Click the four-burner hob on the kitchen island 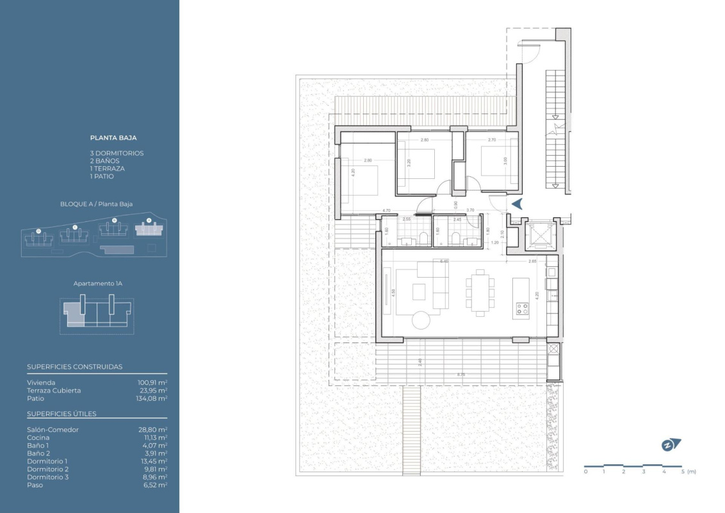pyautogui.click(x=521, y=310)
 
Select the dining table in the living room pyautogui.click(x=480, y=294)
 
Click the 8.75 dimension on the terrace pyautogui.click(x=460, y=374)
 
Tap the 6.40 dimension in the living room pyautogui.click(x=444, y=261)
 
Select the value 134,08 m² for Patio pyautogui.click(x=153, y=398)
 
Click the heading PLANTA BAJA pyautogui.click(x=113, y=137)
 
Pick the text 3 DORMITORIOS pyautogui.click(x=117, y=153)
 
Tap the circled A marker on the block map pyautogui.click(x=149, y=220)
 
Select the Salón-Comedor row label pyautogui.click(x=53, y=430)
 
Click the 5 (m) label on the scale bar pyautogui.click(x=688, y=471)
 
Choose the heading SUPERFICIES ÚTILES pyautogui.click(x=61, y=414)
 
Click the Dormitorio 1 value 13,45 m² pyautogui.click(x=153, y=461)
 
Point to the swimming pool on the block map pyautogui.click(x=117, y=249)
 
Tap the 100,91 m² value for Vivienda pyautogui.click(x=153, y=383)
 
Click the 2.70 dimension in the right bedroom pyautogui.click(x=492, y=140)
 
